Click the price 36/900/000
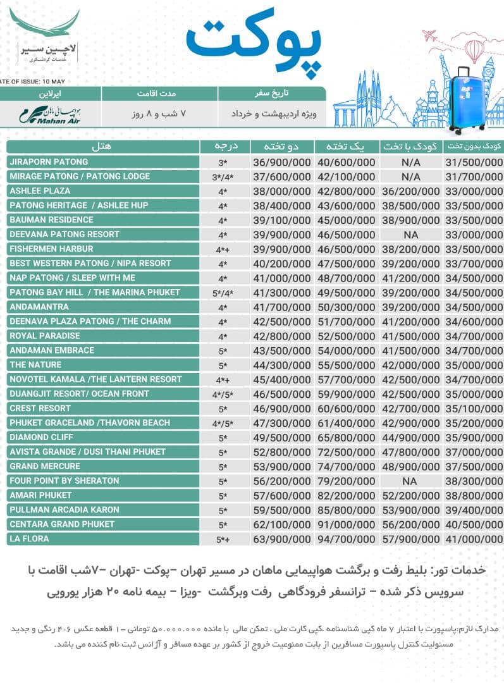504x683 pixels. point(281,162)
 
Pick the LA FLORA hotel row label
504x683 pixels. point(29,539)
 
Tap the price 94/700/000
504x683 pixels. point(346,539)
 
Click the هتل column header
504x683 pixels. point(101,146)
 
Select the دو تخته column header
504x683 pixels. point(281,146)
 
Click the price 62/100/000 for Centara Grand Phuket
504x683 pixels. point(281,524)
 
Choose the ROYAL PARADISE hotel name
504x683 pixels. point(45,336)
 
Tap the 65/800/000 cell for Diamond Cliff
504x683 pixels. point(346,437)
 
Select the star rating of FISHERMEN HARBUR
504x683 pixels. point(222,249)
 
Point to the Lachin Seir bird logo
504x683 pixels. point(44,28)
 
